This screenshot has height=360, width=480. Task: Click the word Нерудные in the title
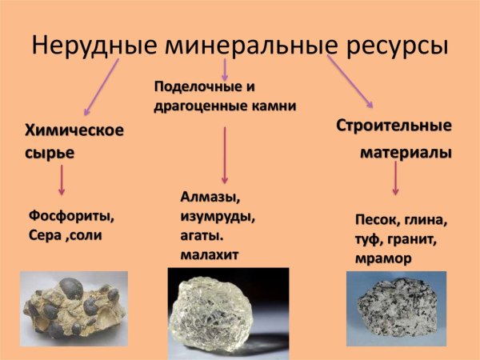pyautogui.click(x=93, y=45)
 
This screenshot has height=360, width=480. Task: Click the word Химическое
pyautogui.click(x=74, y=130)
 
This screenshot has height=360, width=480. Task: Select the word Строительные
pyautogui.click(x=393, y=126)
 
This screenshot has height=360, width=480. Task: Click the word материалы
pyautogui.click(x=404, y=151)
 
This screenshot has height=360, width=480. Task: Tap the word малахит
pyautogui.click(x=211, y=255)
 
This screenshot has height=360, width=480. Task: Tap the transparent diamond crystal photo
pyautogui.click(x=226, y=311)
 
